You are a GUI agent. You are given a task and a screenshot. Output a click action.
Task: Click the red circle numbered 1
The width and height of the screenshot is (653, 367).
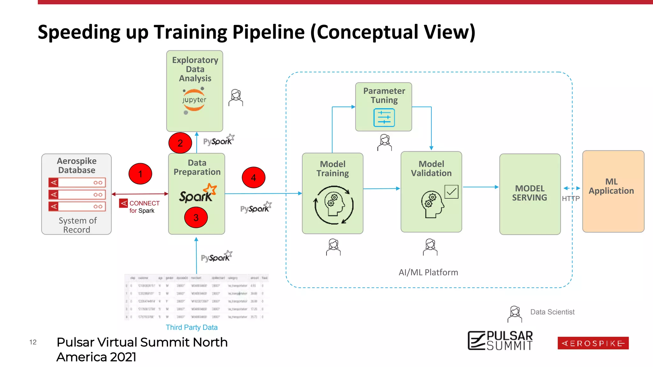[x=140, y=174]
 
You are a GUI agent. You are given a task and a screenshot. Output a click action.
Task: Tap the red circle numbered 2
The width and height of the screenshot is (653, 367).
[x=180, y=143]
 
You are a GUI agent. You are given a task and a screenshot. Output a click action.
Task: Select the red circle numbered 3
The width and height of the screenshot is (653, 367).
[x=196, y=217]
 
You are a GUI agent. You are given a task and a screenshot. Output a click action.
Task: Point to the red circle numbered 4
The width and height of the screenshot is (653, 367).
[x=253, y=177]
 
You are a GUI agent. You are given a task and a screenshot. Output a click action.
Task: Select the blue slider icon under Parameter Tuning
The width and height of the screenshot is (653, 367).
[x=384, y=118]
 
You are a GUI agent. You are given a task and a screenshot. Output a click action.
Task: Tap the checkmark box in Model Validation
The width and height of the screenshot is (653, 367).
[x=451, y=192]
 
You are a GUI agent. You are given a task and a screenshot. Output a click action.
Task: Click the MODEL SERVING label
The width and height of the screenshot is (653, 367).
[x=530, y=193]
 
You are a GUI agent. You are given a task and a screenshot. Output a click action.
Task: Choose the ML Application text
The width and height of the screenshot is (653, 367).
[x=611, y=186]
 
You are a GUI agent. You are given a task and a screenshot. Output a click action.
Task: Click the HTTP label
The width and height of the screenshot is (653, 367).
[x=570, y=199]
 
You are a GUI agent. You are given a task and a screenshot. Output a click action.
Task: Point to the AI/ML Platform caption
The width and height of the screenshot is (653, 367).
[x=428, y=272]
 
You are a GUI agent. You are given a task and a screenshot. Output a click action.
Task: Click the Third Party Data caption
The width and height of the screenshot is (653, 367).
[x=192, y=327]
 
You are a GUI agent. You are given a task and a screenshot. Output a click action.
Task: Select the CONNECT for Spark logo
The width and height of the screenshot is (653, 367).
[x=140, y=206]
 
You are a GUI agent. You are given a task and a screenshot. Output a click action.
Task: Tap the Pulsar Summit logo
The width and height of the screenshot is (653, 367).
[x=500, y=341]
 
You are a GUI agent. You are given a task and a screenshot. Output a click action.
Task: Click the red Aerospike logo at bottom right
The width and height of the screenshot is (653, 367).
[x=593, y=343]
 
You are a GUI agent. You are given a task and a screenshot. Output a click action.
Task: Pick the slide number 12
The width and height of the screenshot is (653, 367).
[x=33, y=342]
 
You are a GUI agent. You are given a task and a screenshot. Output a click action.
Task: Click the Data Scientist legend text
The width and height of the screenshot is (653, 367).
[x=552, y=312]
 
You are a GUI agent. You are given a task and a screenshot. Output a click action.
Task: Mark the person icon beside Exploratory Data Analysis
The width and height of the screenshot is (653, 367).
[x=236, y=98]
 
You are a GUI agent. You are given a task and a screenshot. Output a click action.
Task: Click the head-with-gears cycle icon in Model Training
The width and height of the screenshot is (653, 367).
[x=334, y=205]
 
